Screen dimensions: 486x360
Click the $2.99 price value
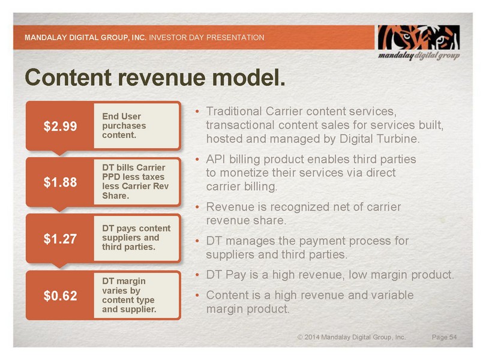pos(60,126)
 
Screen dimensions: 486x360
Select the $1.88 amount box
pos(60,182)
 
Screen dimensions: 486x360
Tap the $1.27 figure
pos(60,239)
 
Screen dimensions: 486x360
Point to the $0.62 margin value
pos(60,296)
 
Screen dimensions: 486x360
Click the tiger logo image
pos(418,37)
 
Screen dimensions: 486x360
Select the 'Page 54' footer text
pos(444,337)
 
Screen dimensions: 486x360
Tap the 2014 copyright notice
pos(352,337)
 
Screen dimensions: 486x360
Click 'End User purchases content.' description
pos(124,125)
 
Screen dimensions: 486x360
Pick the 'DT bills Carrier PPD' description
pos(136,181)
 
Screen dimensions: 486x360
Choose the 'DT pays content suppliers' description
pos(136,238)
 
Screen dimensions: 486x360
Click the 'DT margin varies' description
pos(129,295)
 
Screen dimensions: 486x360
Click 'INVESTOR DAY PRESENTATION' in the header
pos(207,38)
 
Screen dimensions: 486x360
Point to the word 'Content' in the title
pos(68,77)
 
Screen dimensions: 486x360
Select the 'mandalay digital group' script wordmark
pos(419,56)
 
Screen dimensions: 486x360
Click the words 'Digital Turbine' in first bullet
pos(380,139)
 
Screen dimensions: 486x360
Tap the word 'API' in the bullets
pos(216,159)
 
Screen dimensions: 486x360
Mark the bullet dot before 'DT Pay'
pos(197,275)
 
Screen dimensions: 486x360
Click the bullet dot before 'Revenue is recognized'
pos(197,207)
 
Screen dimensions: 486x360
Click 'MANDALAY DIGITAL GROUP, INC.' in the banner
pos(85,38)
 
